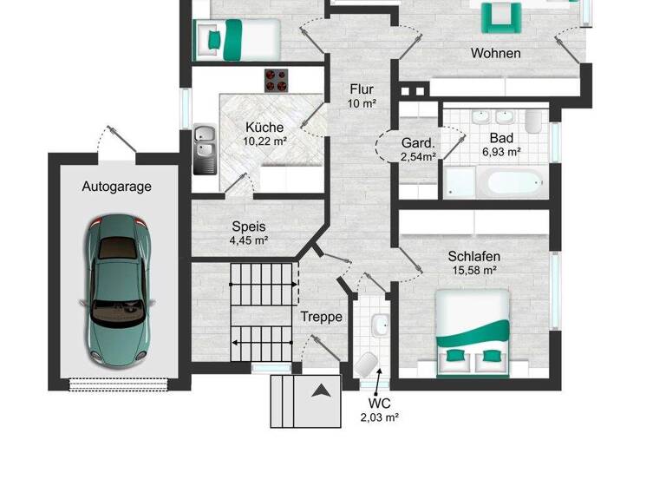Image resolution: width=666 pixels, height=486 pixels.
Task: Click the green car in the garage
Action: coord(118,291)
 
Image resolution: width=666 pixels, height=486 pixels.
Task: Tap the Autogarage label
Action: coord(117,186)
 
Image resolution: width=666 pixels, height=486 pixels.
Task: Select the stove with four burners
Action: coord(277,80)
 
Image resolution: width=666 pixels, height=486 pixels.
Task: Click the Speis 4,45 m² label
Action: coord(249,233)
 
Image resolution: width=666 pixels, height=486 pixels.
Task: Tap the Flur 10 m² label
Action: coord(362,95)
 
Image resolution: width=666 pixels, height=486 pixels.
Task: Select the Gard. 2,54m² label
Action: coord(418,149)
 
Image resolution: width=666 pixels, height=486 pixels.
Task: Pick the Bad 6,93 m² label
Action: coord(501,144)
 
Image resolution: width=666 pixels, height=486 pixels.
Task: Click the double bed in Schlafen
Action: coord(473,329)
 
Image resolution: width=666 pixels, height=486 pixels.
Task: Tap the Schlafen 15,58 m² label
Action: coord(473,263)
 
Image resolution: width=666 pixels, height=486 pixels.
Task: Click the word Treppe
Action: coord(322,317)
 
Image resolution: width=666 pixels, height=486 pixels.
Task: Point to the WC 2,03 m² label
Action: coord(379,410)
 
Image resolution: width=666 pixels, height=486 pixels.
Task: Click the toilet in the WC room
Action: coord(366,364)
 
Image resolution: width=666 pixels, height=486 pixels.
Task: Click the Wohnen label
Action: coord(495,53)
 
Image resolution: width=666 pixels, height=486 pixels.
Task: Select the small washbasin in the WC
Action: coord(380,325)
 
